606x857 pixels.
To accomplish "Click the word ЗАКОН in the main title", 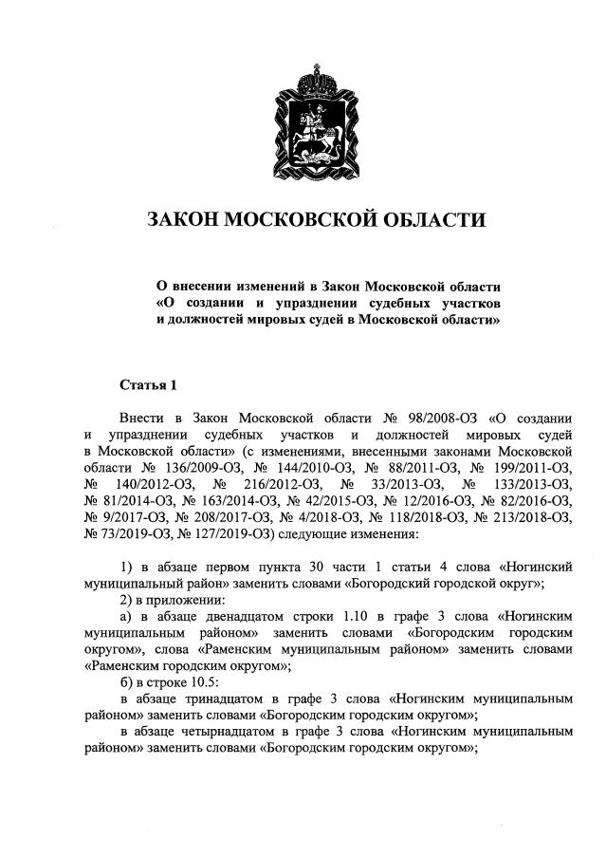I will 186,221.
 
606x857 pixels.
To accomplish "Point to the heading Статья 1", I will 149,384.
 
